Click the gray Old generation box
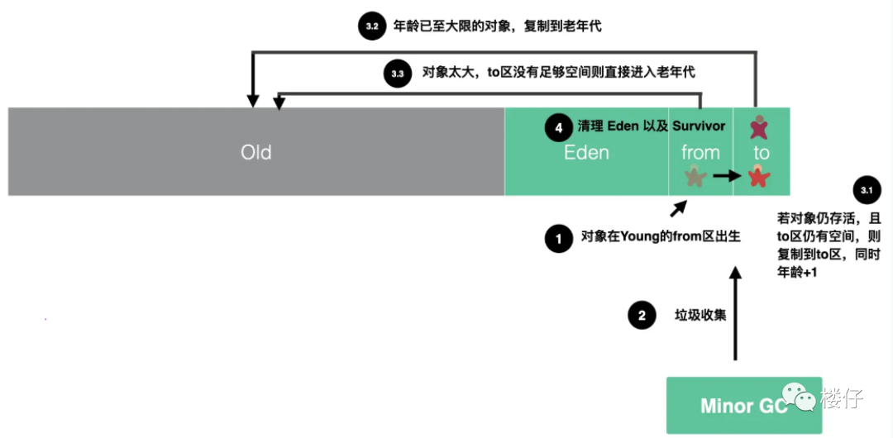tap(256, 152)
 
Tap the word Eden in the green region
tap(586, 153)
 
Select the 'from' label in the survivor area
tap(700, 153)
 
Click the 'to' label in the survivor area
tap(761, 153)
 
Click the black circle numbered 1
tap(559, 239)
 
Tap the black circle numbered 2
tap(642, 315)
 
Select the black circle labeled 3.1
tap(866, 190)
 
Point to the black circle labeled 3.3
tap(398, 74)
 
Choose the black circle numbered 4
tap(558, 127)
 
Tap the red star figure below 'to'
tap(759, 176)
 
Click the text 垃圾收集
tap(701, 315)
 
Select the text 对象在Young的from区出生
tap(660, 236)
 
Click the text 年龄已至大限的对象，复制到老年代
tap(497, 26)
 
